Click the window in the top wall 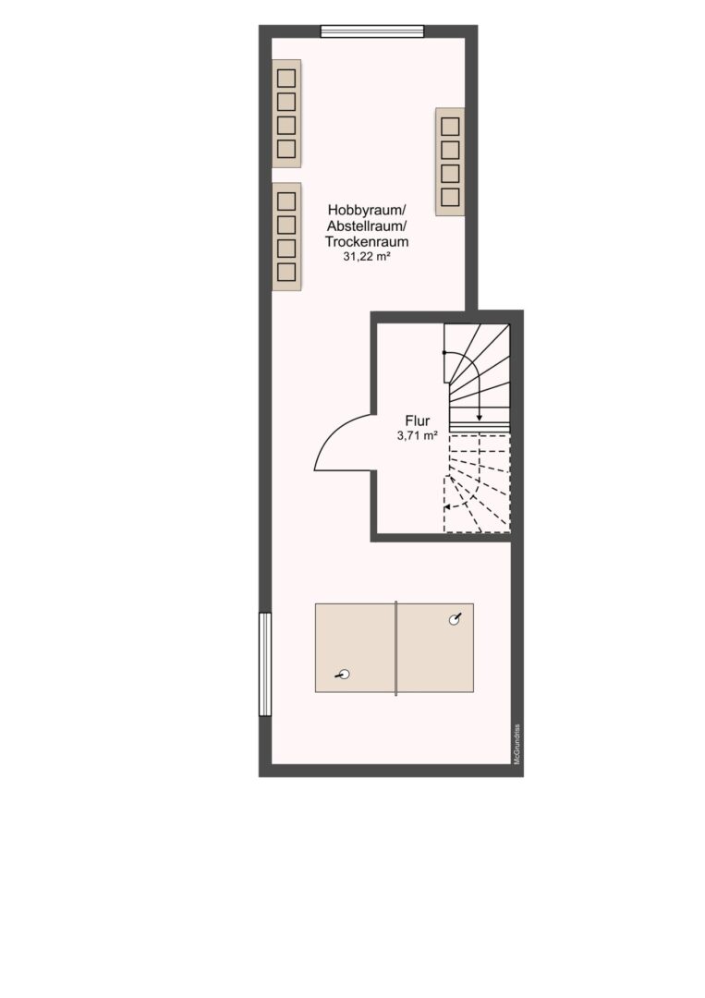pos(372,31)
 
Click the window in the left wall pos(264,663)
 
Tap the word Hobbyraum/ pos(367,210)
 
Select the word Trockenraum pos(367,242)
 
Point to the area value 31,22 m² pos(367,257)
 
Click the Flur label pos(418,420)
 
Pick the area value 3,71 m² pos(418,436)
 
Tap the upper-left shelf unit pos(286,114)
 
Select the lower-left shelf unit pos(286,237)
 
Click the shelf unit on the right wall pos(450,162)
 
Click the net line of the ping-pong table pos(395,648)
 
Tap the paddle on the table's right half pos(455,619)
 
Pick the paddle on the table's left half pos(342,675)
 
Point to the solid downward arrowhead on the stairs pos(480,418)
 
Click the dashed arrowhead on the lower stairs pos(447,507)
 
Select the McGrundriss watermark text pos(518,745)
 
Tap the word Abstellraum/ pos(367,226)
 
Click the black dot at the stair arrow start pos(444,352)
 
